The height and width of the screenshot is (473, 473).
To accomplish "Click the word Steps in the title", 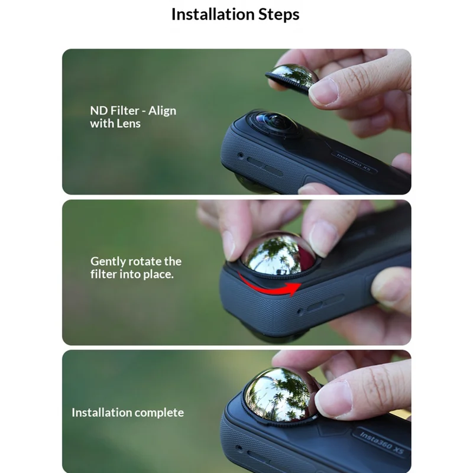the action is click(279, 15).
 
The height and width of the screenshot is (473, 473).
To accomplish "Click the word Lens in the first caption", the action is click(128, 124).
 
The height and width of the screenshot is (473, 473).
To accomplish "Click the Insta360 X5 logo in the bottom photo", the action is click(381, 442).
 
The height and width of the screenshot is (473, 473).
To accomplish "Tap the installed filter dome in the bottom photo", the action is click(280, 394).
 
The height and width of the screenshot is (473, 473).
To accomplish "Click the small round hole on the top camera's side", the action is click(241, 155).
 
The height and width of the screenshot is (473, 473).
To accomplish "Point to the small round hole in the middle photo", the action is click(300, 311).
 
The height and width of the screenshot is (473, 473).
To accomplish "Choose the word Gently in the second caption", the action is click(108, 262).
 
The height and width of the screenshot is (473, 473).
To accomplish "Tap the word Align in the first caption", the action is click(162, 111).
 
